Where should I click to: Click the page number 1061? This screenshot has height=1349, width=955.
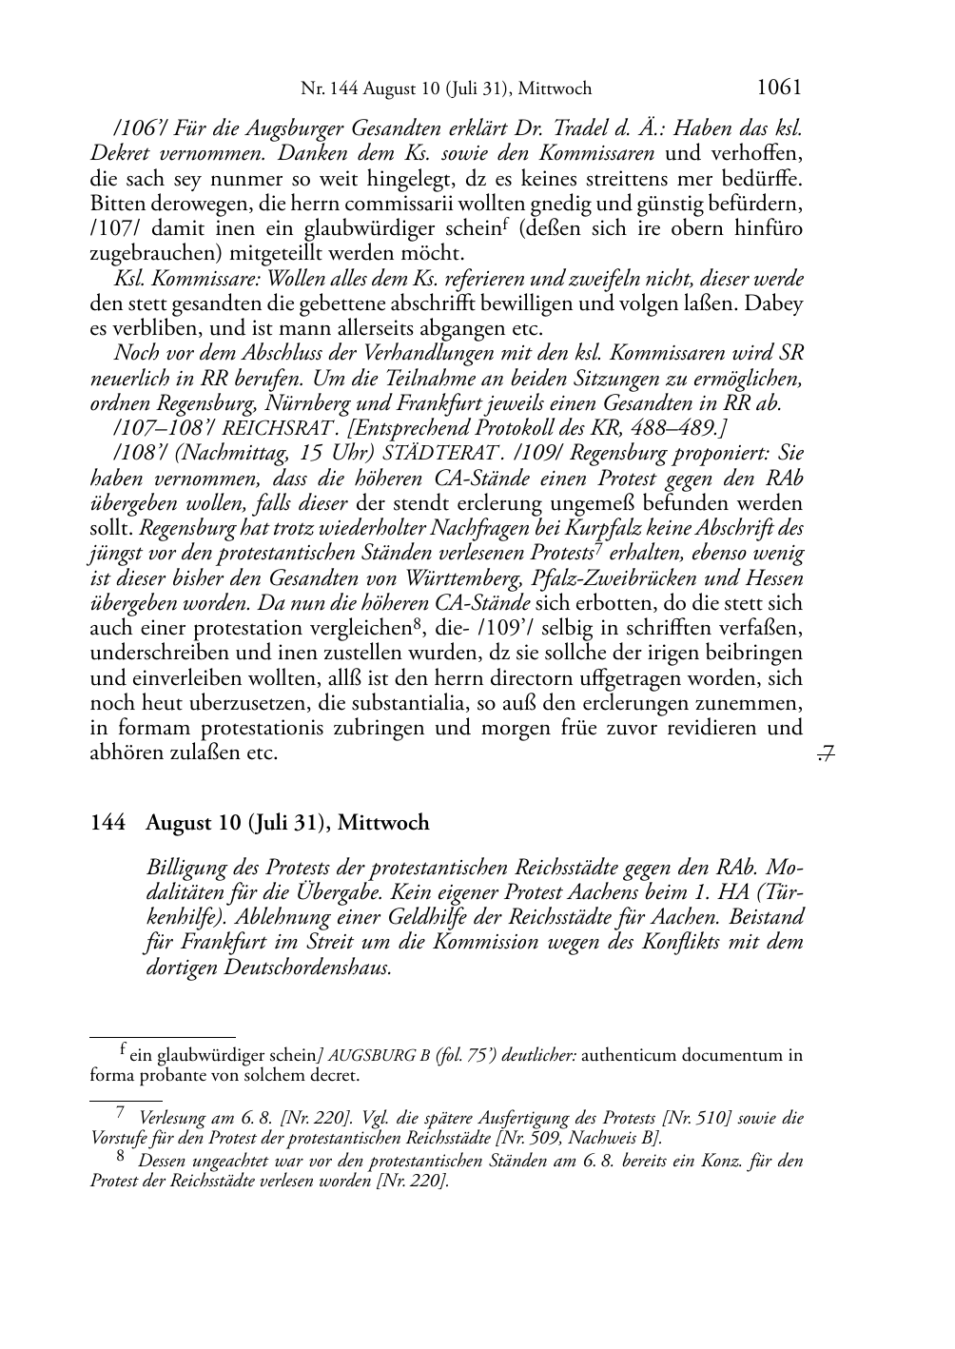pyautogui.click(x=778, y=88)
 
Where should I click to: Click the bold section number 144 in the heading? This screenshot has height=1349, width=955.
pyautogui.click(x=107, y=823)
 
